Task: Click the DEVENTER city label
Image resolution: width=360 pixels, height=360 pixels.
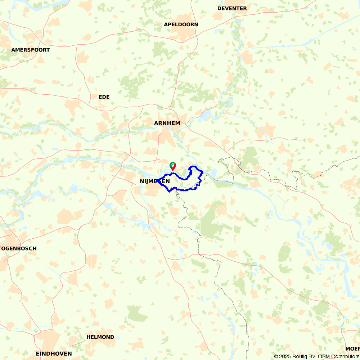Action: click(x=232, y=8)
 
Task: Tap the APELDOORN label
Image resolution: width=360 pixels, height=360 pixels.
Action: click(x=181, y=24)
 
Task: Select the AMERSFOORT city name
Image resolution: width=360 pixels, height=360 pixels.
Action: click(x=31, y=50)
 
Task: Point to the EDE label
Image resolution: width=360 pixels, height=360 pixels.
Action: click(x=104, y=97)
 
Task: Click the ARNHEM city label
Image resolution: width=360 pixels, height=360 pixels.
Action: click(x=167, y=123)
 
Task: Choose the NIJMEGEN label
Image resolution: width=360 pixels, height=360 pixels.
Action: click(x=155, y=181)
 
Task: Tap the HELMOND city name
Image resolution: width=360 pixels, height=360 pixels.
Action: click(x=100, y=337)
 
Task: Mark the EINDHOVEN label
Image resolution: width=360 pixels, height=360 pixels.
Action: click(x=54, y=354)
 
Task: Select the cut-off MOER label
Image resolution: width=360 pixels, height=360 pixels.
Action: click(x=352, y=348)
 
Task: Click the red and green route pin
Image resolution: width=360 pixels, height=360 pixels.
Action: click(x=173, y=166)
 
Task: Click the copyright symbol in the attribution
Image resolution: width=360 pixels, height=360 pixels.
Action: click(x=276, y=356)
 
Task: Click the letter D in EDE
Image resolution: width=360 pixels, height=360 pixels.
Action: click(x=104, y=97)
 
